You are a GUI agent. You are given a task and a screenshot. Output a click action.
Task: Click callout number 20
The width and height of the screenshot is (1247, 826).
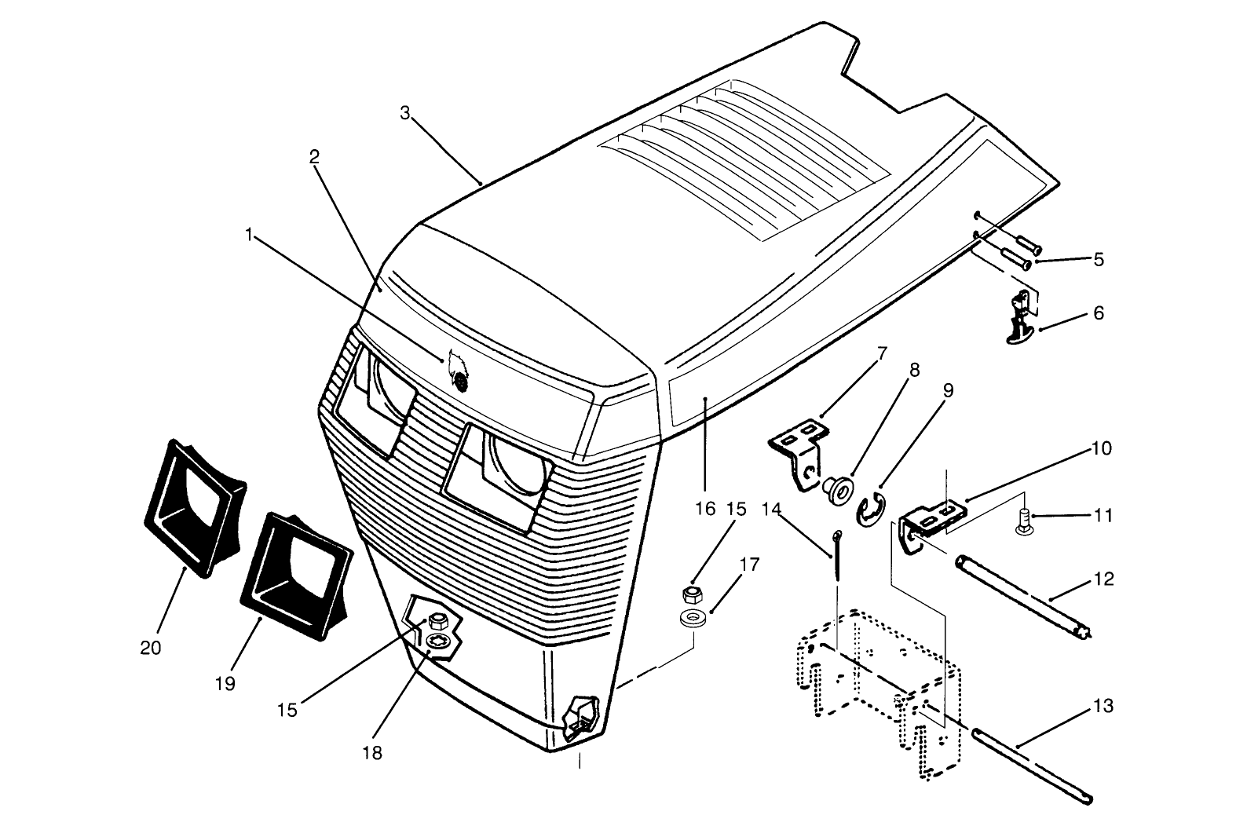click(151, 648)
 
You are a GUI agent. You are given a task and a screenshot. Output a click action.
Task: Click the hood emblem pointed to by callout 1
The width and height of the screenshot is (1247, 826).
click(459, 372)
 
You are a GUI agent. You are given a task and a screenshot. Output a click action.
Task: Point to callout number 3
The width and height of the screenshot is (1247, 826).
click(404, 112)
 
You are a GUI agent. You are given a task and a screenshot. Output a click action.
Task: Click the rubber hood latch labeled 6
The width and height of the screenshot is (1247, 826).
click(1019, 317)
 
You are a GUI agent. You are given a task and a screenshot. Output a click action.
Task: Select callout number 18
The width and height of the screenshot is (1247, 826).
click(372, 752)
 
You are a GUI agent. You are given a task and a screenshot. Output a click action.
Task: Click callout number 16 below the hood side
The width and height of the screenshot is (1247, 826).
click(705, 508)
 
